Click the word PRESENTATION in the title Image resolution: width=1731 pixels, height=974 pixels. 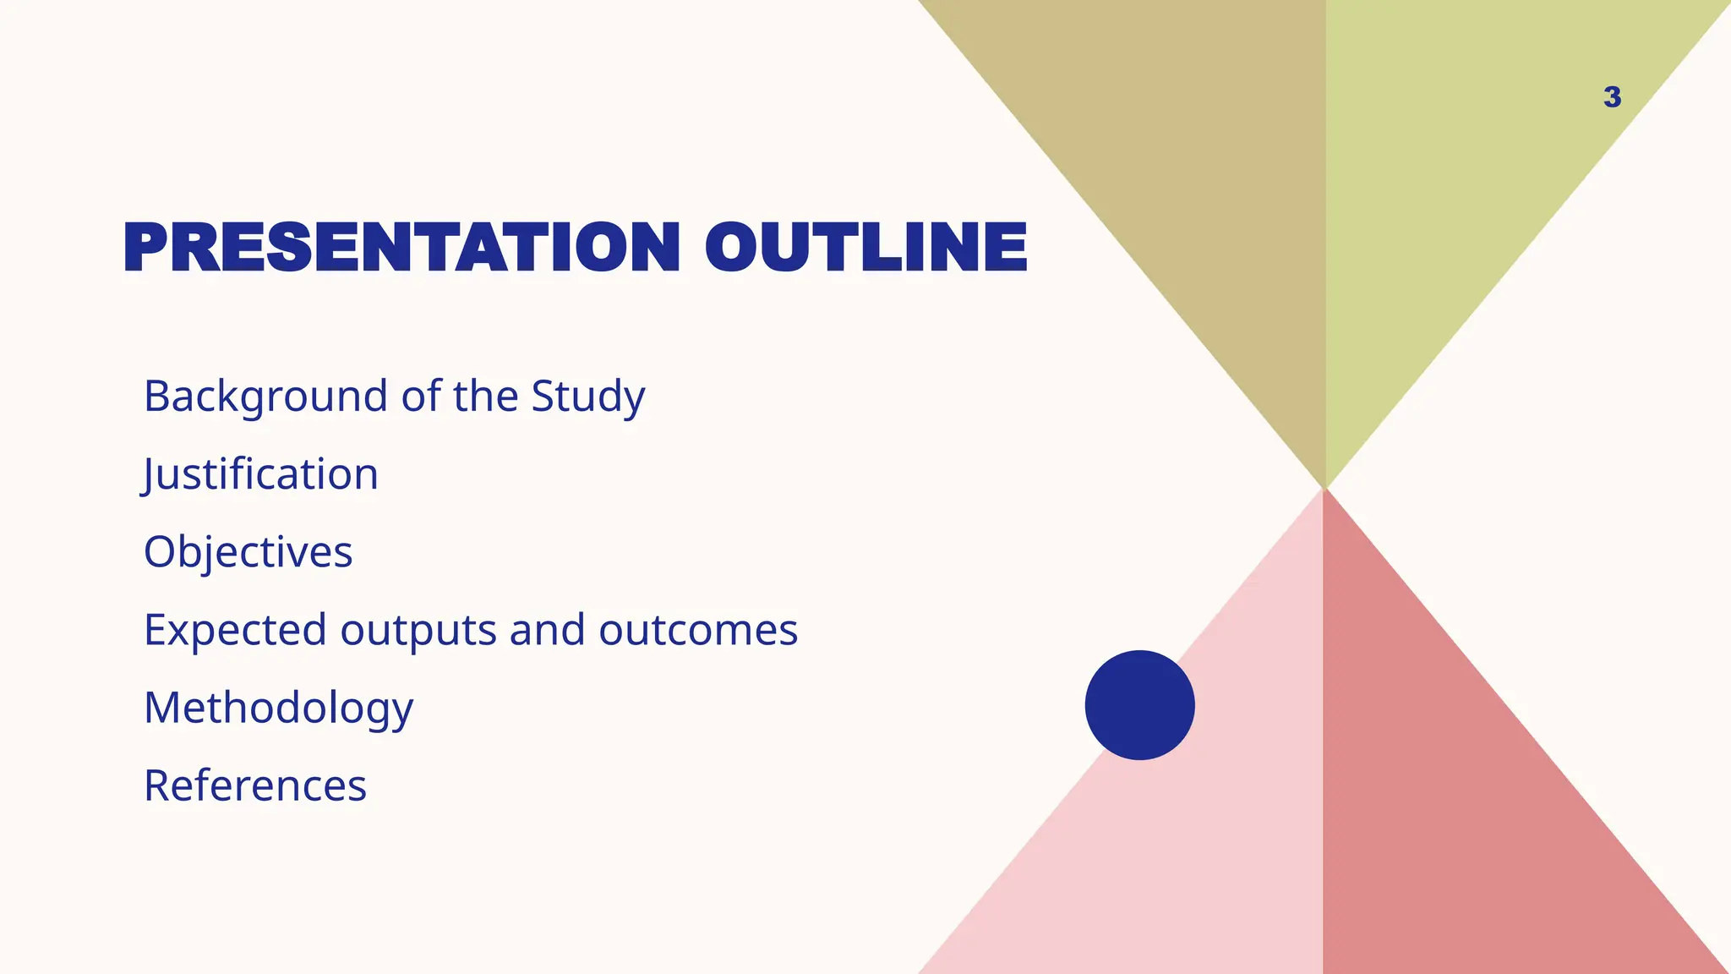401,248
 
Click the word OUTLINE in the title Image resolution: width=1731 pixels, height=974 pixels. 865,248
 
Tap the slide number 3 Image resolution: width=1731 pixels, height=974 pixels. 1612,97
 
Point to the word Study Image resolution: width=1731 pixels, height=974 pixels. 587,397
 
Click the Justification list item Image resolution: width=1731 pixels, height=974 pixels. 260,474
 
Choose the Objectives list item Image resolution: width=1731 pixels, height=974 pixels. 248,552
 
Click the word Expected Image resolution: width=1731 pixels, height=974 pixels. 235,631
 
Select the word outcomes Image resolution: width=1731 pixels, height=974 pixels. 698,631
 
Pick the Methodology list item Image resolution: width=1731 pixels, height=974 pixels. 278,709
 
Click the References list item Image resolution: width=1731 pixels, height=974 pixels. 255,786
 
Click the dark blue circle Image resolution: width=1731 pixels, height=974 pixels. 1139,705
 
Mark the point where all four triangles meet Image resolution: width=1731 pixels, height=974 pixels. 1324,489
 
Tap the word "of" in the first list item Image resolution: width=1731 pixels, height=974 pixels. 420,397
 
